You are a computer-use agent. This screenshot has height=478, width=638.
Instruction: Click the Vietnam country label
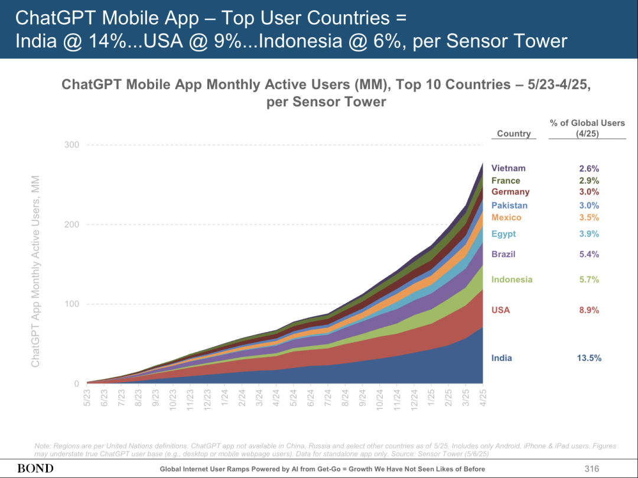(x=508, y=168)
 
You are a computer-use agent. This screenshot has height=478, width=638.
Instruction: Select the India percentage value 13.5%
(x=589, y=358)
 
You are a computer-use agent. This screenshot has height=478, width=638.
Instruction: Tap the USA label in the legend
(x=500, y=310)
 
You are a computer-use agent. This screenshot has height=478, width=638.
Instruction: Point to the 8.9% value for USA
(x=589, y=310)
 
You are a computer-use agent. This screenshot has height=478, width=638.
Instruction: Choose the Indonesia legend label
(x=512, y=279)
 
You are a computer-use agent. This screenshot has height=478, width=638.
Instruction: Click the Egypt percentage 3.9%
(x=589, y=234)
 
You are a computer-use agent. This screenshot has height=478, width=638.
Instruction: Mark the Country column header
(x=513, y=134)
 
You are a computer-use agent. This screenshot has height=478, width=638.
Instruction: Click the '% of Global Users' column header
(x=587, y=128)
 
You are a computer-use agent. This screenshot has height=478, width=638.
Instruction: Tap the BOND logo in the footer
(x=35, y=469)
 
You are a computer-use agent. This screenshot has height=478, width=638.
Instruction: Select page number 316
(x=591, y=469)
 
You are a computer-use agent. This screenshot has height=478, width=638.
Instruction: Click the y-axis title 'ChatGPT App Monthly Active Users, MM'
(x=35, y=271)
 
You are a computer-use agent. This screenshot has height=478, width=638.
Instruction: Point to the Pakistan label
(x=509, y=206)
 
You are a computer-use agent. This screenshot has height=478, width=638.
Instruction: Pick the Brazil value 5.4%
(x=589, y=254)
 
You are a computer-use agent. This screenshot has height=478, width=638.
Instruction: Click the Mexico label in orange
(x=506, y=217)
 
